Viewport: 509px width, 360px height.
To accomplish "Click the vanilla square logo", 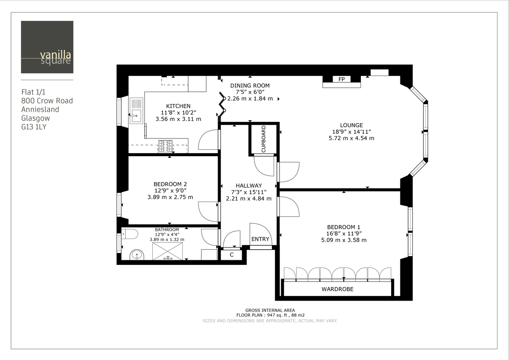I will point(47,47).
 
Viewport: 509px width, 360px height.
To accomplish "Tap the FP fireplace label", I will point(341,79).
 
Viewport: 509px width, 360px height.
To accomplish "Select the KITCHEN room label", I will point(178,106).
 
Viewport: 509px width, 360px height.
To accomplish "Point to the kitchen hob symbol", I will point(166,146).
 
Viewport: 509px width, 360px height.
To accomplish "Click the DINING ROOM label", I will point(250,85).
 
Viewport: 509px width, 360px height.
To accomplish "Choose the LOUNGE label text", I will point(351,125).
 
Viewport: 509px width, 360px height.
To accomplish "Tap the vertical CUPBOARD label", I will point(263,139).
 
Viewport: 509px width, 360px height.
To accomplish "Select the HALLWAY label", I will point(249,186).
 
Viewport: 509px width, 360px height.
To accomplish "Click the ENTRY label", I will point(260,239).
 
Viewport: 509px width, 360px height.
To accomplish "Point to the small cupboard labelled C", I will point(232,255).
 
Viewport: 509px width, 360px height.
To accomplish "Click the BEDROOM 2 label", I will point(170,184).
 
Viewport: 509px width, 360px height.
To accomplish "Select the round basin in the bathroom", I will point(136,255).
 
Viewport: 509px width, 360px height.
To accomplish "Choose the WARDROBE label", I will point(338,289).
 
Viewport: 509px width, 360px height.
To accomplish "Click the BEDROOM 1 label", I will point(344,227).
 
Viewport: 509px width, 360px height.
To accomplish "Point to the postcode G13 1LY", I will point(34,127).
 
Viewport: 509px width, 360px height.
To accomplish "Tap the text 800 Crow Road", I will point(47,101).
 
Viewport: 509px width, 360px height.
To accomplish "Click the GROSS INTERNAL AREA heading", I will point(270,310).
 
